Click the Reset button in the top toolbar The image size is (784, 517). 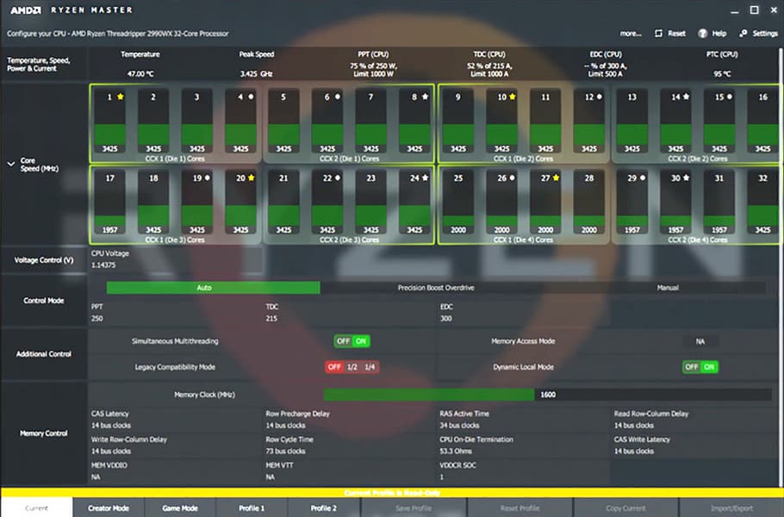(x=670, y=34)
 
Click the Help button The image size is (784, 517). (x=713, y=34)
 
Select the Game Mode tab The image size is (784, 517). (x=180, y=508)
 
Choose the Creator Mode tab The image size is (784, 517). (x=109, y=508)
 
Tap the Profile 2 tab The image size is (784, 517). (x=324, y=508)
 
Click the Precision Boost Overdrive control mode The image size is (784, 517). (x=436, y=288)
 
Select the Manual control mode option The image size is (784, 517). (x=667, y=288)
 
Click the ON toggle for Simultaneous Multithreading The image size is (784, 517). (x=361, y=341)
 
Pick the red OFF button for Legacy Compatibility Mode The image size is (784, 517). (x=334, y=367)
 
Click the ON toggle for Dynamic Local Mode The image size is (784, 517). (x=709, y=367)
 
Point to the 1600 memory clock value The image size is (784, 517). (x=548, y=395)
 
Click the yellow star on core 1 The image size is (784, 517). (x=121, y=97)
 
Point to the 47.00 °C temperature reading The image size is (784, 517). (x=140, y=74)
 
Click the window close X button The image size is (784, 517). (x=772, y=10)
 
